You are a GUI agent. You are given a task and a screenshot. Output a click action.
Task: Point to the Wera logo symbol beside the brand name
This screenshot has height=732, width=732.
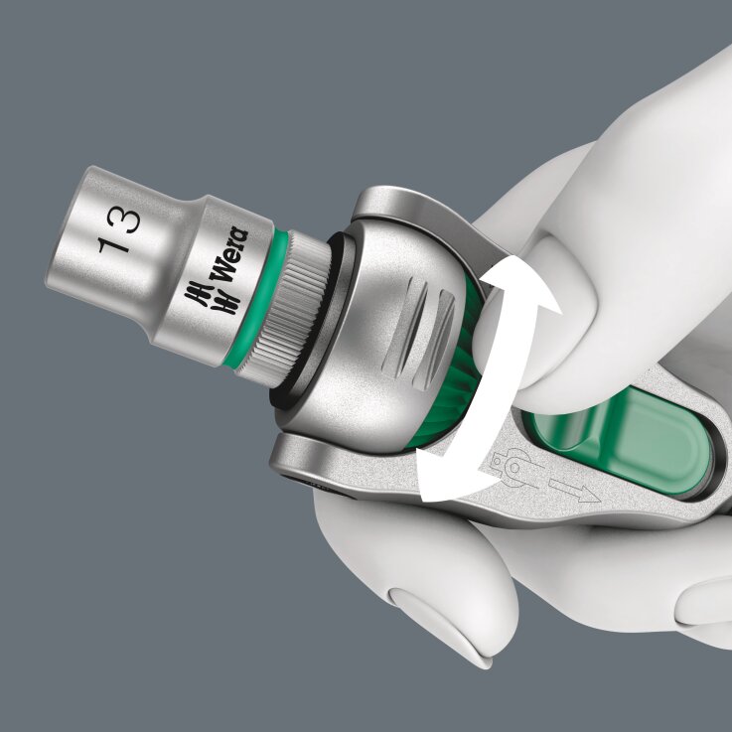[x=206, y=294]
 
